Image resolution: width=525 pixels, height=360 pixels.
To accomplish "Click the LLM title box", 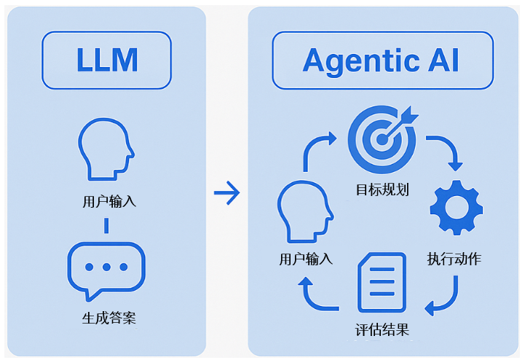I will [x=106, y=60].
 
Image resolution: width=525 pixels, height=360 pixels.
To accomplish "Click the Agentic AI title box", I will [x=381, y=60].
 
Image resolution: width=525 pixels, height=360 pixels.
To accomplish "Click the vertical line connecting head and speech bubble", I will [x=106, y=225].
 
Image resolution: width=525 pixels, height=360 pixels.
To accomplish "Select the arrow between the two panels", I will [x=227, y=193].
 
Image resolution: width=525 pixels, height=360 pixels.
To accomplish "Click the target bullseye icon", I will [x=382, y=138].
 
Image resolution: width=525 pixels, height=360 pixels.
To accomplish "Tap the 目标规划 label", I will [x=382, y=189].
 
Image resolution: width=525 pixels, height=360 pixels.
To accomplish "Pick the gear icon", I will [x=457, y=209].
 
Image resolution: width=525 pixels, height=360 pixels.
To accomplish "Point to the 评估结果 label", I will [x=382, y=329].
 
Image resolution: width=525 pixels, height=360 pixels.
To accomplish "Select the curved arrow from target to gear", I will [x=446, y=149].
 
